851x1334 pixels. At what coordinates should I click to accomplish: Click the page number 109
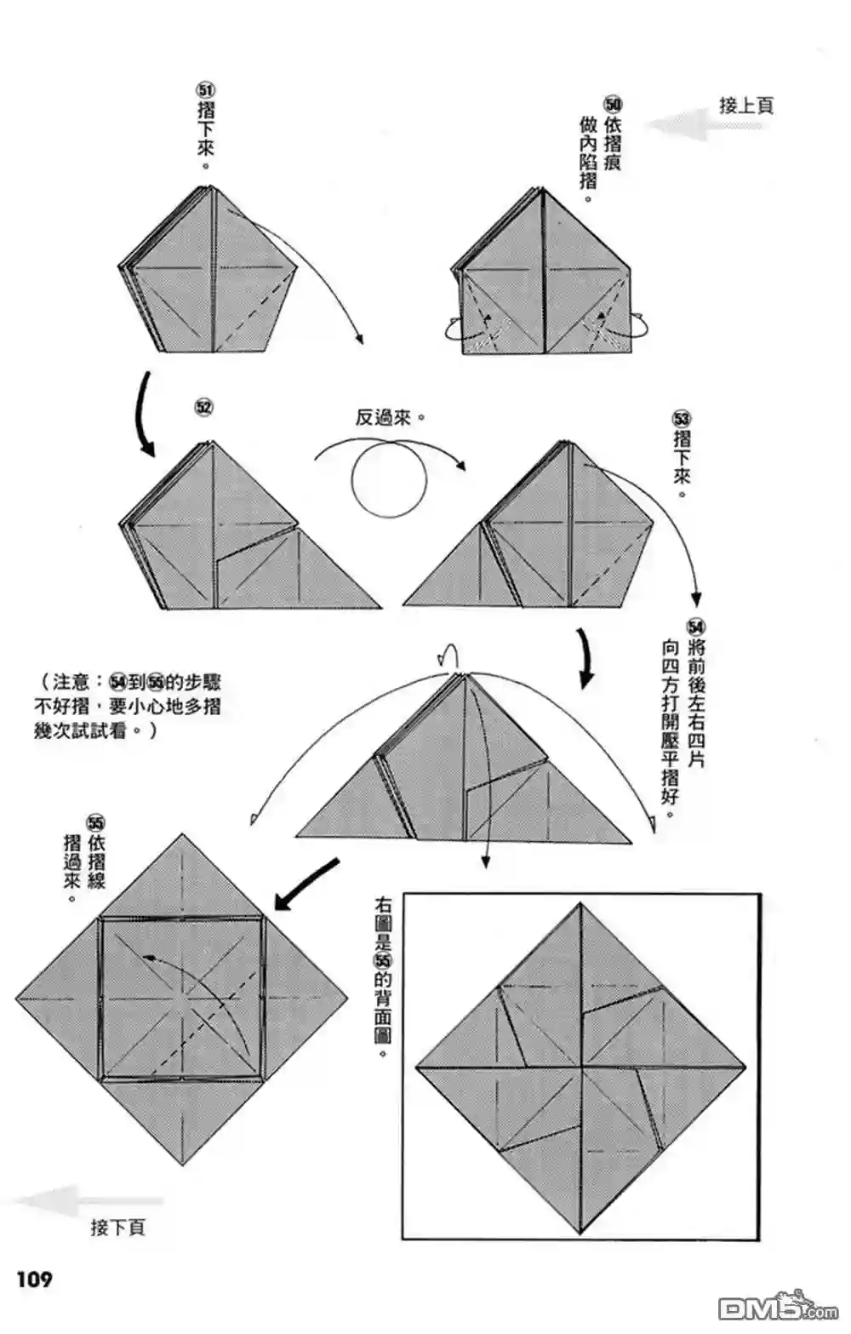33,1278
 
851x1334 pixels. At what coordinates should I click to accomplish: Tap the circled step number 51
205,90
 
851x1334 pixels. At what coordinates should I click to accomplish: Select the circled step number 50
613,104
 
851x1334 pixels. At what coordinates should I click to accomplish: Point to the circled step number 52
203,408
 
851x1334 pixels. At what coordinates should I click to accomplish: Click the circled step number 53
682,419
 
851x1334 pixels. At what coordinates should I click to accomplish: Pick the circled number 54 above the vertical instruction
696,628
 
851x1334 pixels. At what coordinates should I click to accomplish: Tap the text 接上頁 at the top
745,106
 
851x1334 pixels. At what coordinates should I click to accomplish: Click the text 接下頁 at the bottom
117,1227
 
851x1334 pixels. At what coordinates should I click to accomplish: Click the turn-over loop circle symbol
389,481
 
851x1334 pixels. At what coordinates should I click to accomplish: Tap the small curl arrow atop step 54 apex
448,654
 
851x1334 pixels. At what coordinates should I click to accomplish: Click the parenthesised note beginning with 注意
128,707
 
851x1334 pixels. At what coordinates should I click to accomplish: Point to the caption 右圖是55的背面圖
382,976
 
